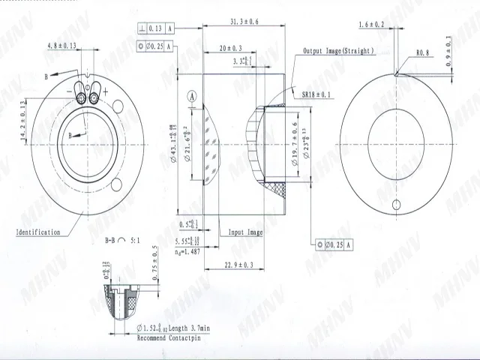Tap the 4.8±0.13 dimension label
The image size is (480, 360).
62,46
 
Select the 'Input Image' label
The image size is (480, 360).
245,232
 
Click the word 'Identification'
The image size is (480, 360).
37,232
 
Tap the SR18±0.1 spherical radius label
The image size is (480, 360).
318,95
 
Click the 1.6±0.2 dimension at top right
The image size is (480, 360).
372,25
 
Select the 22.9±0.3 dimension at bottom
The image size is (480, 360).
238,265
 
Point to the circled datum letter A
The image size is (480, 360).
193,97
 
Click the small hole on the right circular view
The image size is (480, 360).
397,205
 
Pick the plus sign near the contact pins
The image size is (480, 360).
105,91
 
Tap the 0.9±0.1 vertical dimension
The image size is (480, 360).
448,50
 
